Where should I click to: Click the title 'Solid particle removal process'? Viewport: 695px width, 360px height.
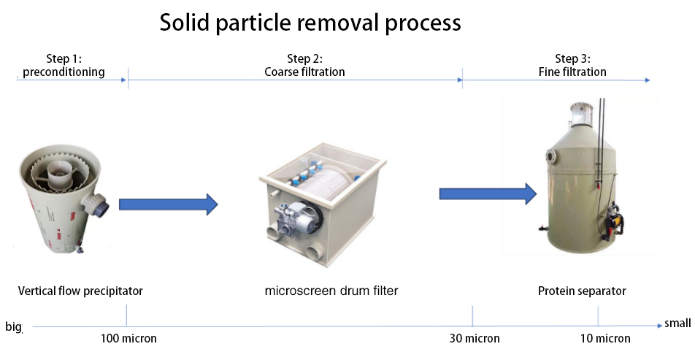click(x=310, y=23)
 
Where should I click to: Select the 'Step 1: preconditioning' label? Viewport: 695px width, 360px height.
click(x=64, y=66)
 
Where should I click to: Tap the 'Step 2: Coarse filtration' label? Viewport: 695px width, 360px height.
click(x=304, y=66)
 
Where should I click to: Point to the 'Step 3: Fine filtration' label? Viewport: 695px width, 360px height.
click(x=572, y=66)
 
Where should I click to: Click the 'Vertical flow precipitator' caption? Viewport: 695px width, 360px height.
click(x=80, y=291)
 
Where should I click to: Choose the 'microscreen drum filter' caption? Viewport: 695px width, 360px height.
click(x=331, y=291)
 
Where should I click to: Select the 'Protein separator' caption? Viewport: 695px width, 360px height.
click(x=582, y=291)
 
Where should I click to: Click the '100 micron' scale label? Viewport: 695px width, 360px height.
click(x=128, y=338)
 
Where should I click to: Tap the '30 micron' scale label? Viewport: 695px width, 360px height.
click(x=475, y=338)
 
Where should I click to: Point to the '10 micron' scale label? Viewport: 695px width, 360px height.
click(x=605, y=338)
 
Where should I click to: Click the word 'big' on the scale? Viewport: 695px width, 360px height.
click(x=14, y=326)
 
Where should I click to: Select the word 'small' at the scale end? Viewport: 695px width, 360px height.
click(x=677, y=323)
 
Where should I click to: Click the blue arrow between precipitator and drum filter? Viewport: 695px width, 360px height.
click(x=168, y=204)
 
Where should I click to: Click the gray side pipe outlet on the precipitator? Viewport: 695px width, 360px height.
click(x=103, y=204)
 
